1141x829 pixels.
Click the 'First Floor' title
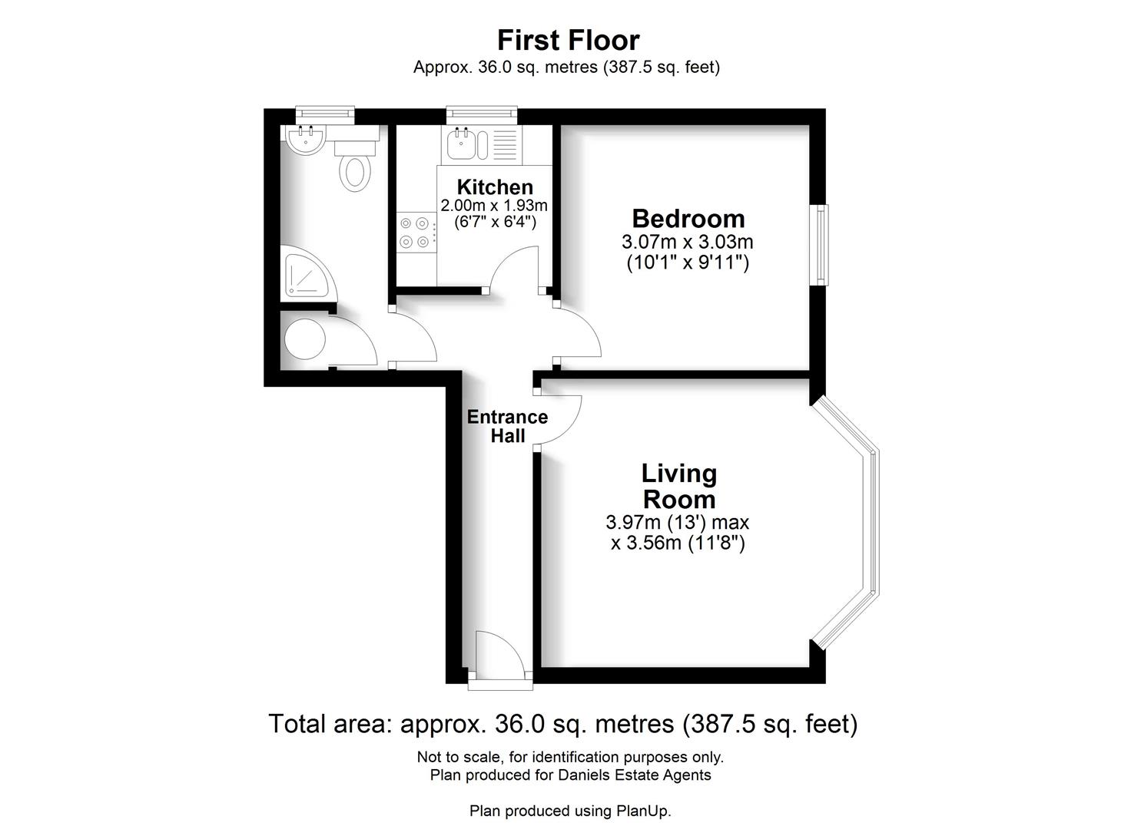click(568, 40)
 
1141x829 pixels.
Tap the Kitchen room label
click(495, 187)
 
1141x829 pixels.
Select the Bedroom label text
click(688, 219)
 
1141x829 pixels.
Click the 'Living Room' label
click(679, 486)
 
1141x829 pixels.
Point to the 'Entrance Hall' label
click(507, 426)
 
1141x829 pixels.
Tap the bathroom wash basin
click(307, 139)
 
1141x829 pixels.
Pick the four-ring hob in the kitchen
click(415, 233)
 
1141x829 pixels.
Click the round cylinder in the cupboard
click(304, 339)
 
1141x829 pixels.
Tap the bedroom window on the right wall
click(821, 245)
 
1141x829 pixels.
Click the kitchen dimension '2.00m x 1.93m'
click(494, 206)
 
